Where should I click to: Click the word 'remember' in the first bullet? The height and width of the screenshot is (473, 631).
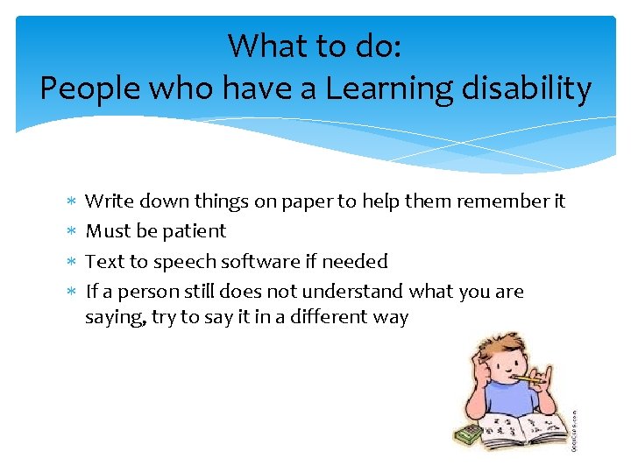tap(508, 201)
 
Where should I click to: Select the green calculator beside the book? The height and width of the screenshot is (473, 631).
tap(466, 434)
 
